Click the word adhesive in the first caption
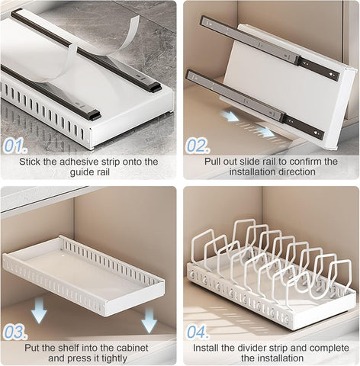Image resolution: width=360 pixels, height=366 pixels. pos(84,162)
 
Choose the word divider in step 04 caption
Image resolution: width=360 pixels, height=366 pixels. pos(252,348)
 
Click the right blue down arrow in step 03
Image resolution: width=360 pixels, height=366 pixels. pos(149,320)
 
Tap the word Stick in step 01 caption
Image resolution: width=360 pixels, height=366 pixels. pos(34,162)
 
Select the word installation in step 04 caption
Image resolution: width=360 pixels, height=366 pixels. pos(280,358)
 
